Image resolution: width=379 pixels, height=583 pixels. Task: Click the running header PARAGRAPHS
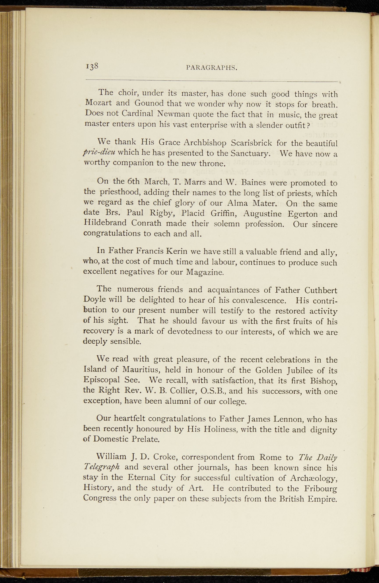212,68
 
